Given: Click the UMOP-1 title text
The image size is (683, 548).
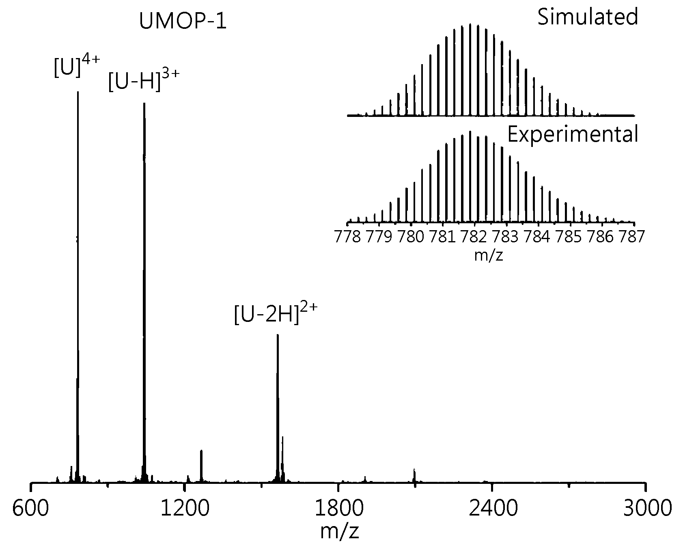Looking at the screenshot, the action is click(x=183, y=22).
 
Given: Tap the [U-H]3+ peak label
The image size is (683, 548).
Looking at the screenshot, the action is click(x=144, y=80).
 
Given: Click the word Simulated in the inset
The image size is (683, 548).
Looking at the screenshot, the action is click(x=588, y=17).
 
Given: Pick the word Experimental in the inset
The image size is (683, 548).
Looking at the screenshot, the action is click(x=573, y=134).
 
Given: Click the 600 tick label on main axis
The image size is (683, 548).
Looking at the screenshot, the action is click(x=30, y=508).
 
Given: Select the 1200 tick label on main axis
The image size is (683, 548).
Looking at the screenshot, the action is click(x=185, y=508).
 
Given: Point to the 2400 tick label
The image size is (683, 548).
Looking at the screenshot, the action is click(x=492, y=508).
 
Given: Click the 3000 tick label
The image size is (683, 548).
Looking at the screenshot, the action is click(x=646, y=508).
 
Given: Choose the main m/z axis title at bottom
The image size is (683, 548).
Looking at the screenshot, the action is click(x=339, y=532).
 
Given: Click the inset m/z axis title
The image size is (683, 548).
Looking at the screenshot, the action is click(x=489, y=255).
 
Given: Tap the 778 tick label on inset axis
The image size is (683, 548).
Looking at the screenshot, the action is click(x=348, y=237).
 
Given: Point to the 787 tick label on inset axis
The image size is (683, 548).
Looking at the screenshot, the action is click(x=631, y=237).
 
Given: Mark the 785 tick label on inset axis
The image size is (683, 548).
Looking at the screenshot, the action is click(x=570, y=237).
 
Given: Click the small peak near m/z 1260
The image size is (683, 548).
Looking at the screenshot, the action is click(x=201, y=466).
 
